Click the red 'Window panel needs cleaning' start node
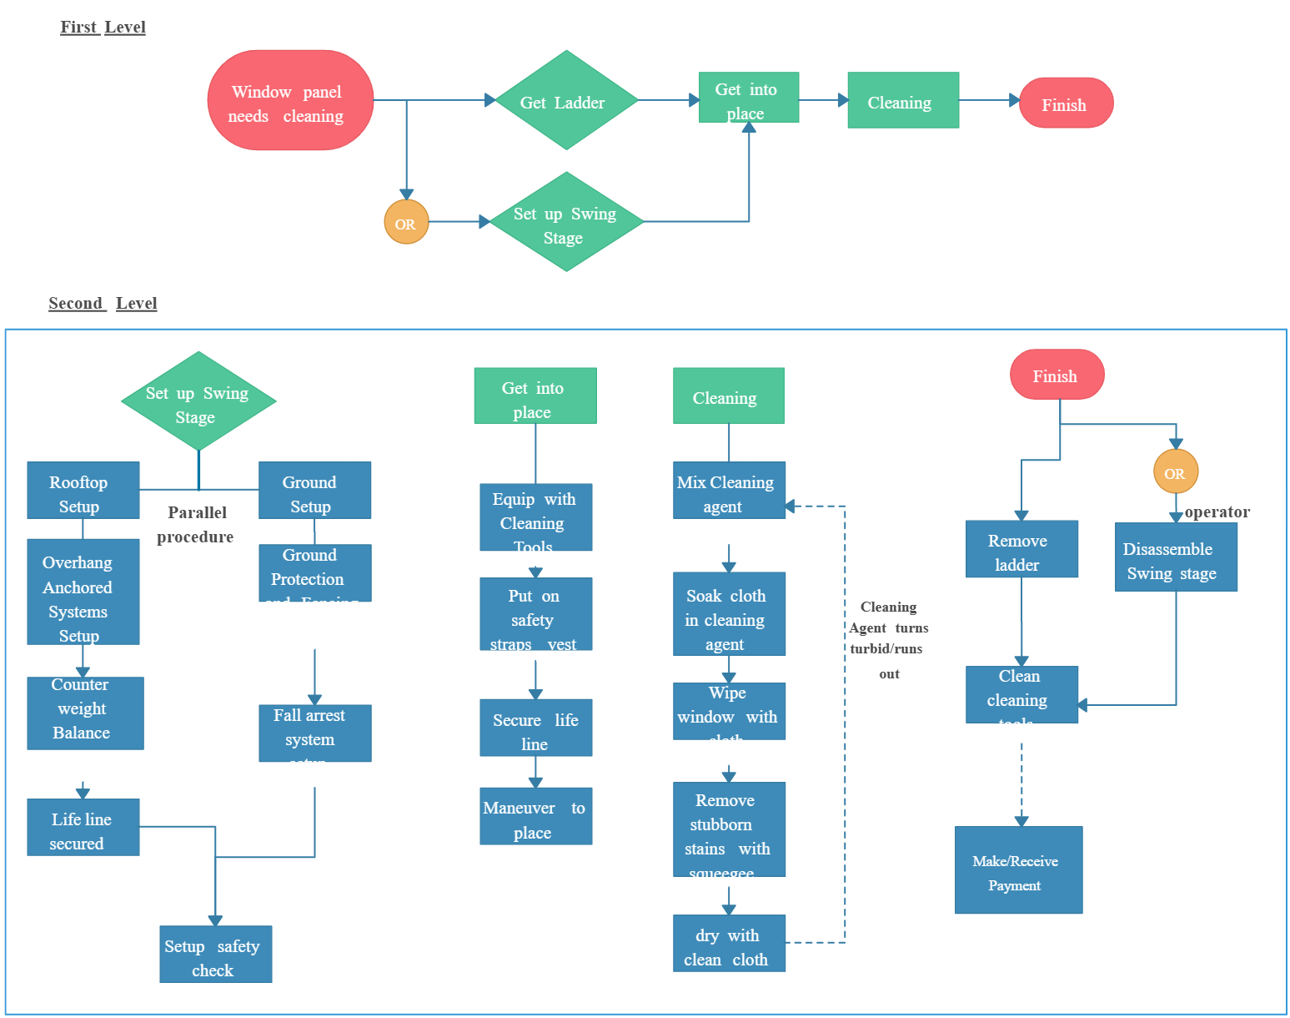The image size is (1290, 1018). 289,101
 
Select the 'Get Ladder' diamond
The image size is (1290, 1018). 566,101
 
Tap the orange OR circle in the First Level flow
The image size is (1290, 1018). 406,222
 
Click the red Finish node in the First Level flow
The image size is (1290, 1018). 1065,103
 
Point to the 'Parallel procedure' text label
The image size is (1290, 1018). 196,524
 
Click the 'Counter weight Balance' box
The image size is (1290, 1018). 84,712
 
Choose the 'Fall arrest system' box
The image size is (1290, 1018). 314,733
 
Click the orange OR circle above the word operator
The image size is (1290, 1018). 1175,472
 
